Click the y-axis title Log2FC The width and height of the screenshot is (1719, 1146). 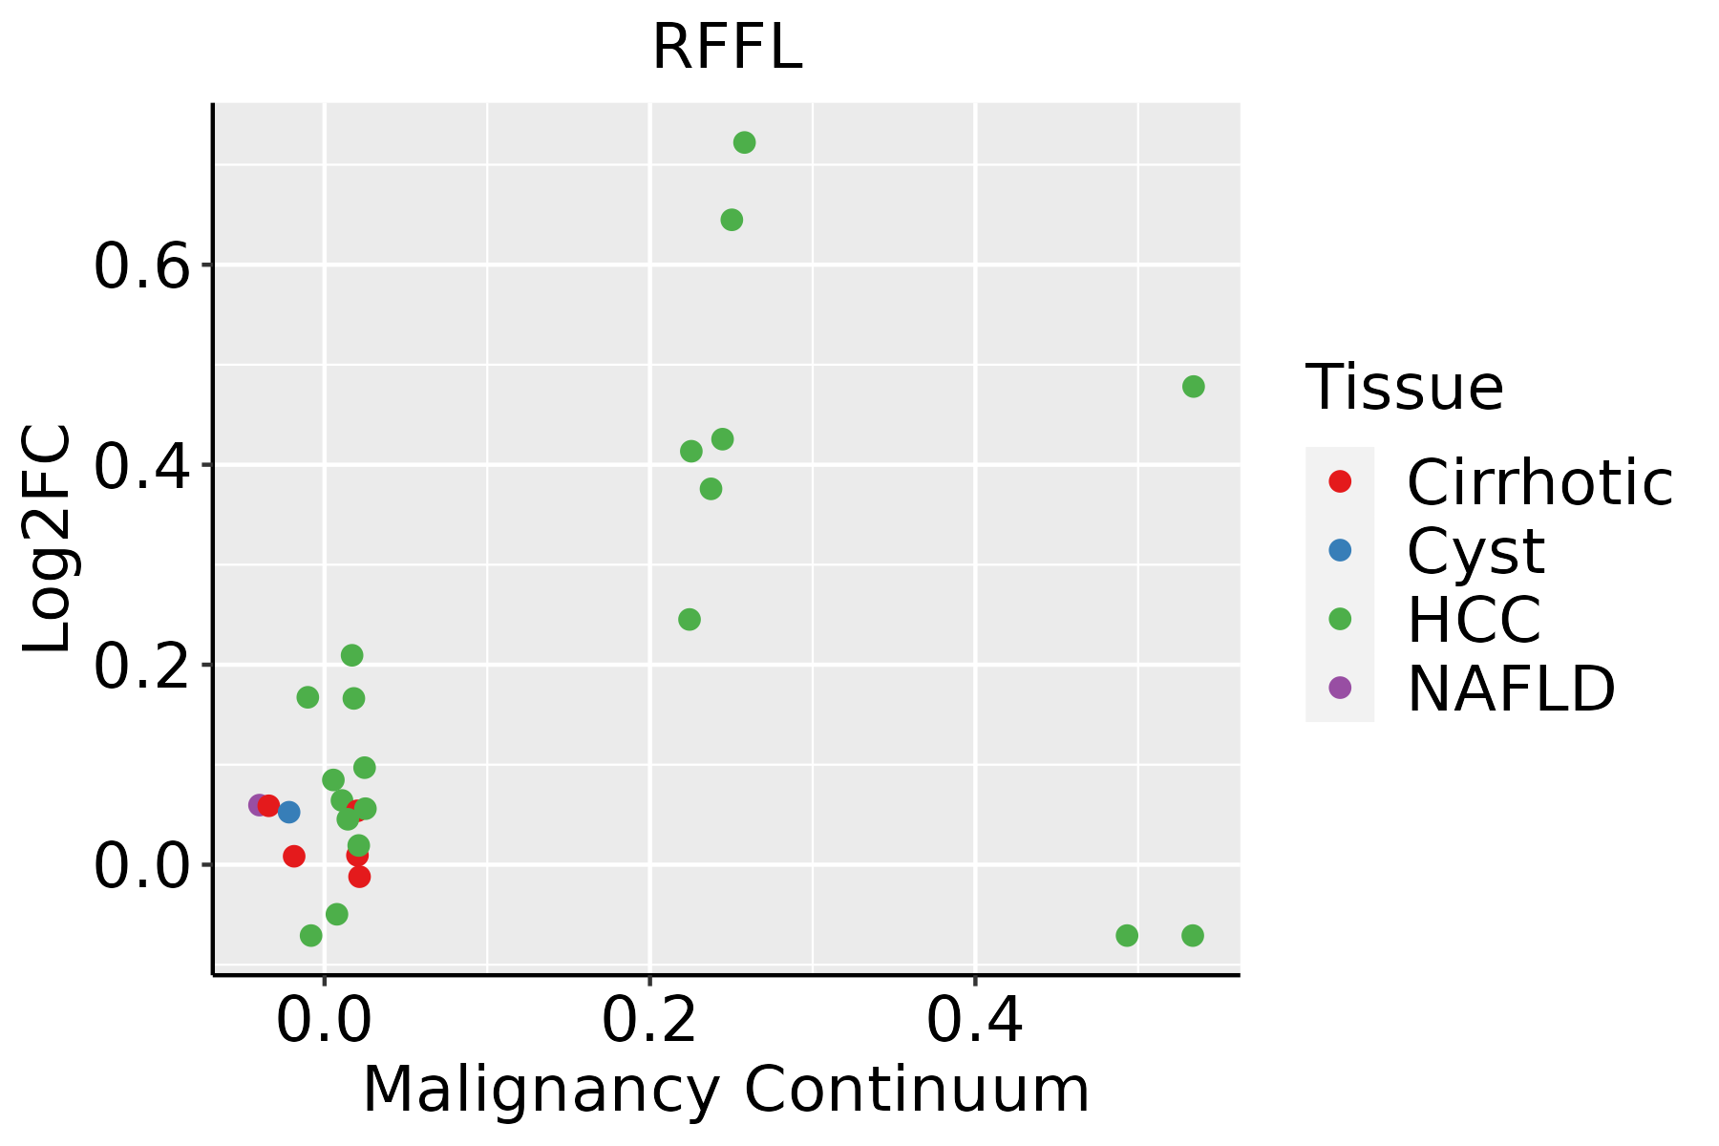48,540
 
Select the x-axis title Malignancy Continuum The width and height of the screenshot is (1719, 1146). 726,1090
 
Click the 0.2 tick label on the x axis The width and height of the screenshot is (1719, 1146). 649,1021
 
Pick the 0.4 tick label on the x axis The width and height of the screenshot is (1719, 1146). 975,1021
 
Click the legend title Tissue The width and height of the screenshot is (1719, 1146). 1404,388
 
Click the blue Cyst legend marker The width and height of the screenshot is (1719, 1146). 1340,550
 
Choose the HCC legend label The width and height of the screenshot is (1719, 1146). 1474,619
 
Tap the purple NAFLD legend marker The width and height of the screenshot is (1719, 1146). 1340,687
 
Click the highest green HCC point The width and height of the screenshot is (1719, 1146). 744,142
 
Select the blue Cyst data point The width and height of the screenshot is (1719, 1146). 288,812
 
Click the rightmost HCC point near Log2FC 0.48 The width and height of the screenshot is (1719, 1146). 1193,387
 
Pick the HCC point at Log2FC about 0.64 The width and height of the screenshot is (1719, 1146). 732,221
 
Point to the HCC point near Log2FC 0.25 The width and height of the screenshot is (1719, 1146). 690,620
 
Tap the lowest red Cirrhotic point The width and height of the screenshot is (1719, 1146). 359,877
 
